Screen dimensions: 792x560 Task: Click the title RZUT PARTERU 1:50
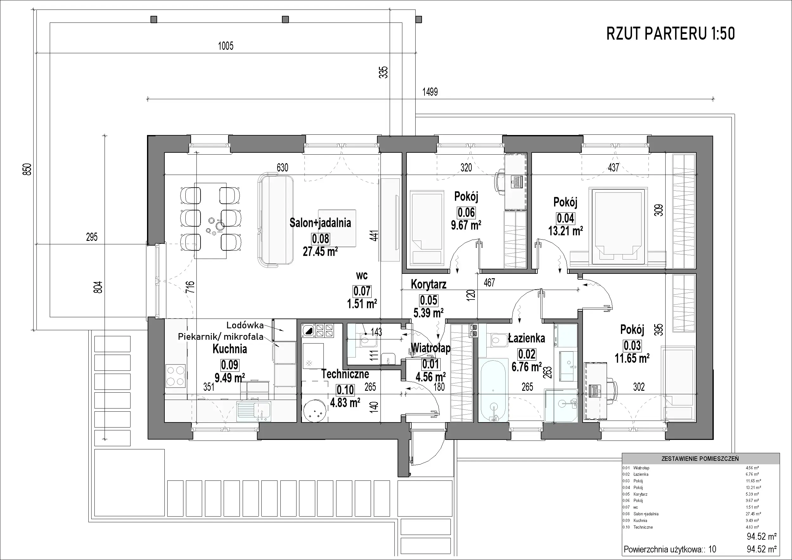[x=671, y=34]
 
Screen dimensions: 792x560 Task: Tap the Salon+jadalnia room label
[x=320, y=223]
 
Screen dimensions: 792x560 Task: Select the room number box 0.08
[x=321, y=238]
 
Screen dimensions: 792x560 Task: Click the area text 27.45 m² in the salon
[x=320, y=252]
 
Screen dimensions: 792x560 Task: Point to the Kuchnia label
[x=230, y=349]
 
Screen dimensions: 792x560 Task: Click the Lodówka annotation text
[x=245, y=325]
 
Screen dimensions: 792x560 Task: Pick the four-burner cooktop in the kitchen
[x=176, y=376]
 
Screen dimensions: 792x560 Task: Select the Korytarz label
[x=428, y=284]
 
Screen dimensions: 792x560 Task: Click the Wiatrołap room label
[x=431, y=348]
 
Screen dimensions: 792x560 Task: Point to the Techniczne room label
[x=345, y=374]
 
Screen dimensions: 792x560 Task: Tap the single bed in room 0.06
[x=426, y=229]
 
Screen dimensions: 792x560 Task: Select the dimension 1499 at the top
[x=430, y=92]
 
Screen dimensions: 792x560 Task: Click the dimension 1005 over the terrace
[x=226, y=46]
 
